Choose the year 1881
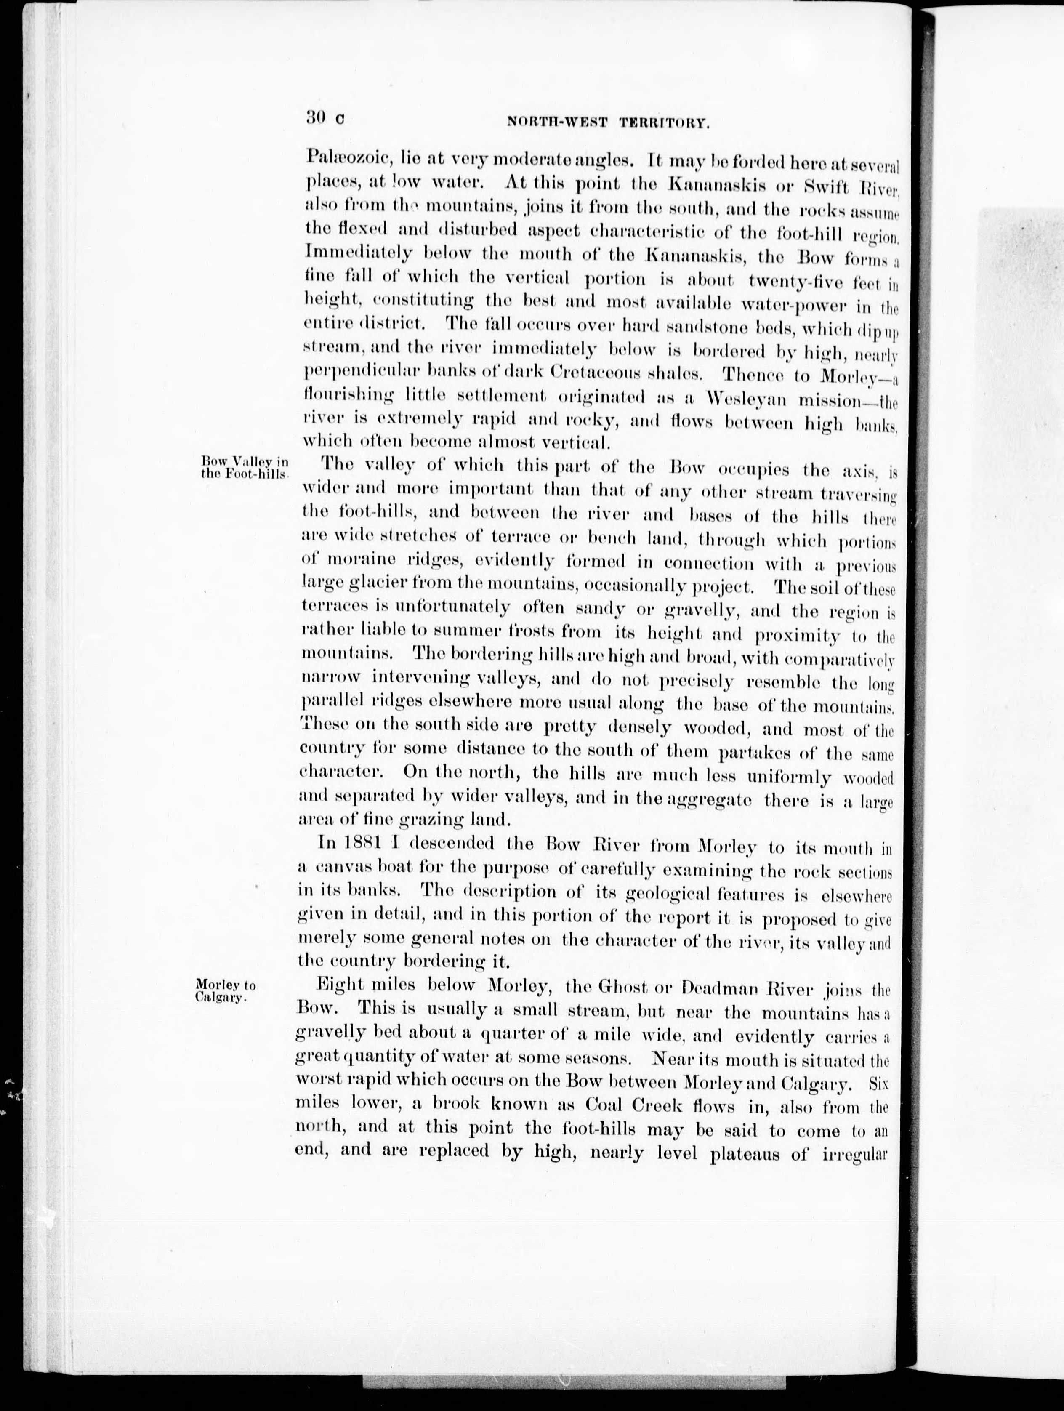coord(362,843)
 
